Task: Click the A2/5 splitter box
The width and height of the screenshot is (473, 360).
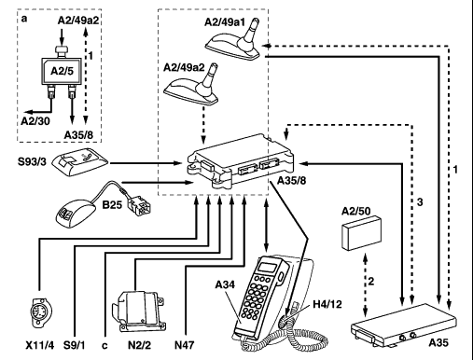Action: click(62, 72)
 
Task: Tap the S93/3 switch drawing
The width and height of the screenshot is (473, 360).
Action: click(80, 161)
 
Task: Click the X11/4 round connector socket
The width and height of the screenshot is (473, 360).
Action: click(42, 312)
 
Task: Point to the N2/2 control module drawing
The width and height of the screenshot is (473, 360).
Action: click(138, 312)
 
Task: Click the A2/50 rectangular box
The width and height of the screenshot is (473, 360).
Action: click(361, 232)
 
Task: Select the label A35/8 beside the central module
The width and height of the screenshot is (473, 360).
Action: click(291, 180)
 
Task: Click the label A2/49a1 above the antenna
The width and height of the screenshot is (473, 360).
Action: click(225, 22)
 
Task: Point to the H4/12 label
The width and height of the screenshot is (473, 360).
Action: click(327, 304)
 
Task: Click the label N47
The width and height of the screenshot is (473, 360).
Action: click(185, 345)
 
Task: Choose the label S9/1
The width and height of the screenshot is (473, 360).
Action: click(75, 345)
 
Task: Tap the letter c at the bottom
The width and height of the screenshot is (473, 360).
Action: click(104, 346)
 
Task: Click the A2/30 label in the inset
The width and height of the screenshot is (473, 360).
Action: click(35, 121)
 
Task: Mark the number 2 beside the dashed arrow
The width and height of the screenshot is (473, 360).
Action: click(371, 282)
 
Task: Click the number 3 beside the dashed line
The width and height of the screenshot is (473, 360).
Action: click(420, 202)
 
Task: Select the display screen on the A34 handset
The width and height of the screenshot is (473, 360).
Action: click(268, 267)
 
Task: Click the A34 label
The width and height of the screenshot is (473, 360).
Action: click(225, 284)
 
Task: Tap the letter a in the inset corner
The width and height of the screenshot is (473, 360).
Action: click(24, 19)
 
